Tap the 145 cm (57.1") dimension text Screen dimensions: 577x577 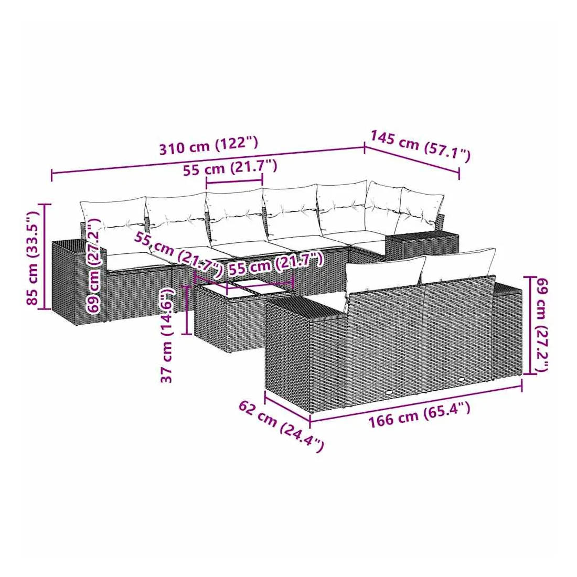[420, 146]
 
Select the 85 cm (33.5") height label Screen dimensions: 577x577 [33, 258]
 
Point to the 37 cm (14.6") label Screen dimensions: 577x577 [167, 336]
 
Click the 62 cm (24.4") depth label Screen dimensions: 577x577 [282, 426]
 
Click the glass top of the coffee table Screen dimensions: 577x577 [243, 288]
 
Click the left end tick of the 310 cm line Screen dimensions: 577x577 [51, 176]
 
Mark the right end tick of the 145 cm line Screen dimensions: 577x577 [460, 173]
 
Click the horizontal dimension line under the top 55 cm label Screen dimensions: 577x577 [234, 181]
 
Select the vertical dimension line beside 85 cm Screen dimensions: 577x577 [45, 257]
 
